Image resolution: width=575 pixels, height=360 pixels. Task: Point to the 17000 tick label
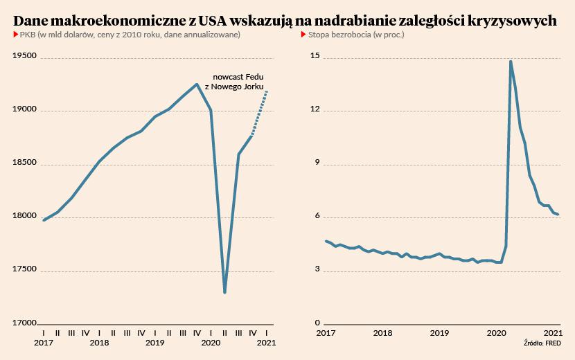pyautogui.click(x=26, y=323)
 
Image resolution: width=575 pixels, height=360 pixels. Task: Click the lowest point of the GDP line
pyautogui.click(x=224, y=292)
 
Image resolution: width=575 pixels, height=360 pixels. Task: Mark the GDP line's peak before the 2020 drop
pyautogui.click(x=197, y=84)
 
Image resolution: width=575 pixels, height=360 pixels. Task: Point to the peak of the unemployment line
pyautogui.click(x=511, y=62)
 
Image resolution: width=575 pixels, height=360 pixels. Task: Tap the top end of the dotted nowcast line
pyautogui.click(x=267, y=91)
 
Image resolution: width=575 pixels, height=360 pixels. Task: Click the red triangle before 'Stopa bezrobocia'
pyautogui.click(x=308, y=35)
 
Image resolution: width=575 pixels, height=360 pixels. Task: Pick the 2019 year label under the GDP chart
pyautogui.click(x=155, y=343)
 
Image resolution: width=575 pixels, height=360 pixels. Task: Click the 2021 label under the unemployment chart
pyautogui.click(x=552, y=333)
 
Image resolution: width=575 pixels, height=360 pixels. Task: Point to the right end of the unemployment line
pyautogui.click(x=558, y=215)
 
